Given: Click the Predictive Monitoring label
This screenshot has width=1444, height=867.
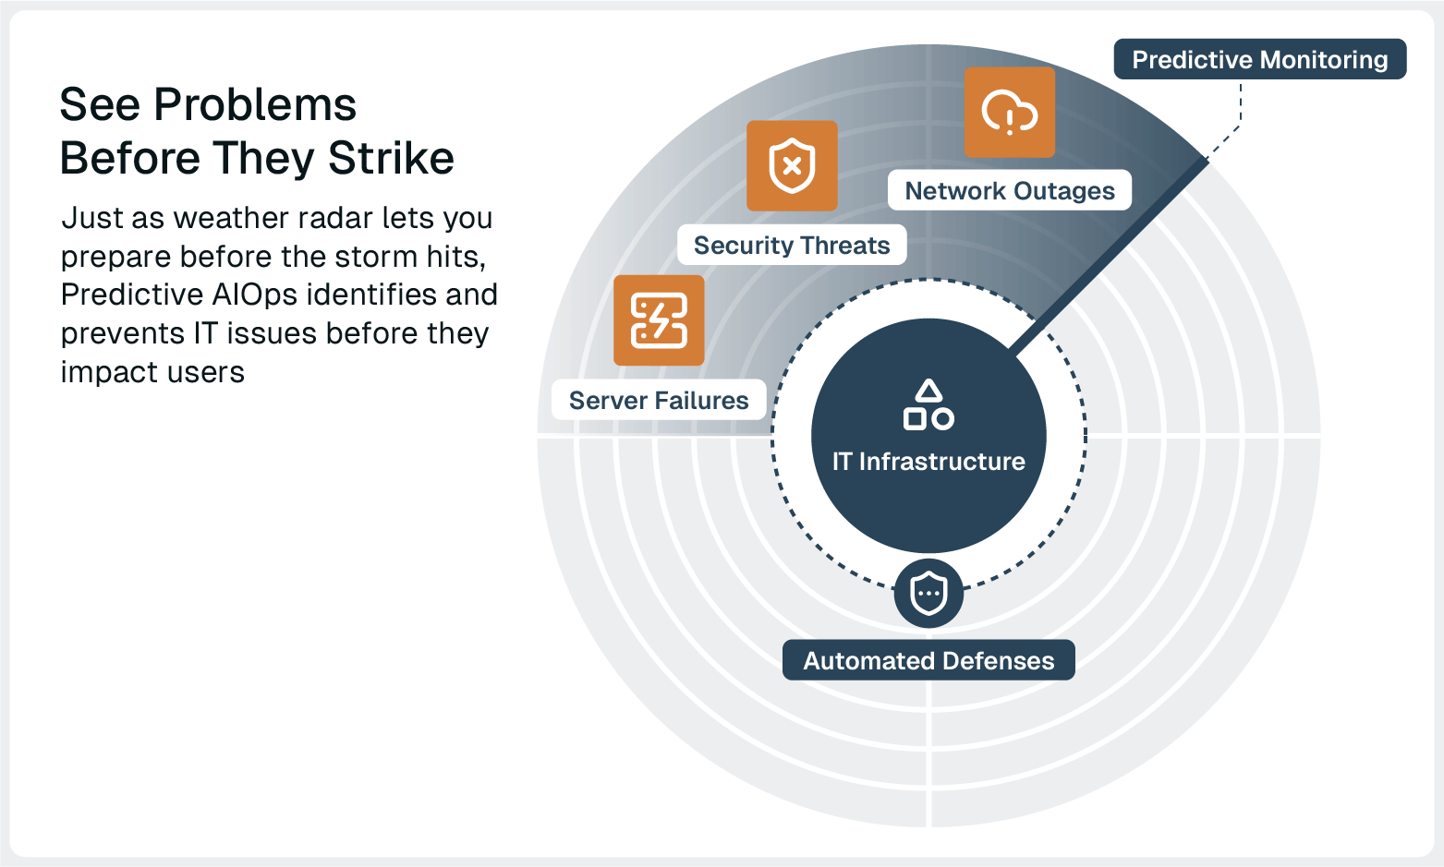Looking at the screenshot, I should pyautogui.click(x=1259, y=59).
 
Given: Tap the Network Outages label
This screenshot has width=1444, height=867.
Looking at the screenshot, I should pyautogui.click(x=1009, y=190).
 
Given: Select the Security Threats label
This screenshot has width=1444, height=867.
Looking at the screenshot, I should pyautogui.click(x=791, y=245).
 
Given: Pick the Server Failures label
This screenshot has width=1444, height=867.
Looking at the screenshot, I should pyautogui.click(x=658, y=400).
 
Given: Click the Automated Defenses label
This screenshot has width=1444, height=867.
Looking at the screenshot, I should pyautogui.click(x=928, y=660).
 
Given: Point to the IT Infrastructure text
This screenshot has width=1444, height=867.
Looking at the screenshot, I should pyautogui.click(x=928, y=461).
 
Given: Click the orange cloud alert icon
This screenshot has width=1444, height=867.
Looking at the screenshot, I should pyautogui.click(x=1009, y=112).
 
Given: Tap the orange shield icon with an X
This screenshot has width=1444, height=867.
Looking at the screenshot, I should pyautogui.click(x=792, y=166).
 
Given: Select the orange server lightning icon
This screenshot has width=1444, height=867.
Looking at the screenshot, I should pyautogui.click(x=659, y=320).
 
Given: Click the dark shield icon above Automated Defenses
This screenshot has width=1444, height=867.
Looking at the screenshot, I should pyautogui.click(x=928, y=593).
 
